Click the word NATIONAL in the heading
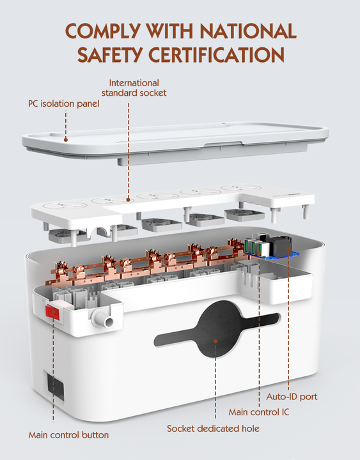[x=248, y=31]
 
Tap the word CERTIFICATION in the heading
[x=216, y=54]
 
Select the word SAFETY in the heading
[x=110, y=54]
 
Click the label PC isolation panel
[x=64, y=103]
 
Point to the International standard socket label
[x=134, y=88]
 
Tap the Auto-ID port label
[x=292, y=397]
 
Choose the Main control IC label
[x=259, y=412]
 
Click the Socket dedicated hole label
[x=213, y=428]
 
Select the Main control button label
[x=68, y=435]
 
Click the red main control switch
[x=52, y=312]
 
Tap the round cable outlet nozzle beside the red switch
[x=103, y=319]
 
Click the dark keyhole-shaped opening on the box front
[x=217, y=329]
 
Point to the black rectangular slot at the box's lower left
[x=56, y=387]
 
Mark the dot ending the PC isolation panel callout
[x=66, y=140]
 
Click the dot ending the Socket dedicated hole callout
[x=215, y=341]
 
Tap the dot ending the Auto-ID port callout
[x=288, y=249]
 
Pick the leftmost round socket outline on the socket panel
[x=65, y=205]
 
